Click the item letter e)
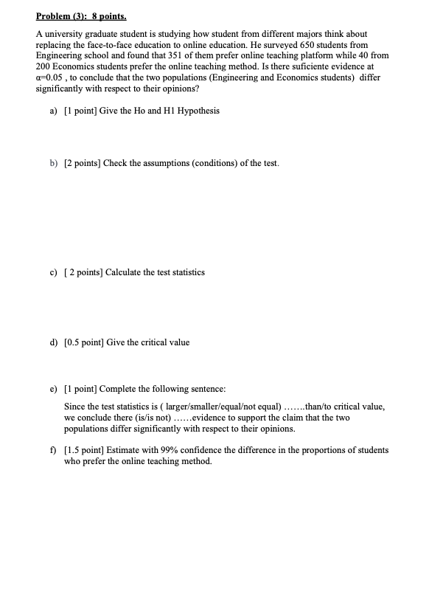[x=53, y=388]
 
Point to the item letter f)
[x=53, y=449]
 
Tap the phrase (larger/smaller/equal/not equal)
[x=223, y=406]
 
